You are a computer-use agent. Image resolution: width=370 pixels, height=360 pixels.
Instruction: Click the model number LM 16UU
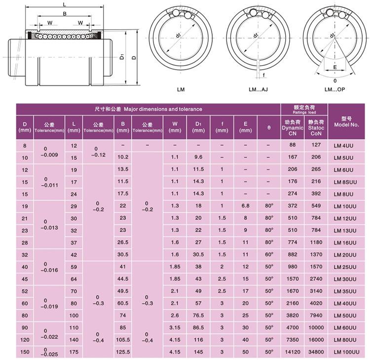345,243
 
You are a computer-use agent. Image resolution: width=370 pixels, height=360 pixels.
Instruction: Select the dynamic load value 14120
293,352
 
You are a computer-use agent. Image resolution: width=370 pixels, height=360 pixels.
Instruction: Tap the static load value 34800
316,352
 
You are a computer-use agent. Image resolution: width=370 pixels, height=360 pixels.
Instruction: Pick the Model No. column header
346,122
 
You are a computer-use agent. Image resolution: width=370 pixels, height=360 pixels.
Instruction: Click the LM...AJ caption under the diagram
258,89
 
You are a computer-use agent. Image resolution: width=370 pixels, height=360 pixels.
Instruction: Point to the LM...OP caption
334,89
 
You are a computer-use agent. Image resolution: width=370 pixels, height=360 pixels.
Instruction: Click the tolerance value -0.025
49,354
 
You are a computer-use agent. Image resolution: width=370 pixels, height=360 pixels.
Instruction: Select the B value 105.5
123,340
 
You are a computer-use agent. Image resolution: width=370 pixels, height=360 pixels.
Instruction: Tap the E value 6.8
245,206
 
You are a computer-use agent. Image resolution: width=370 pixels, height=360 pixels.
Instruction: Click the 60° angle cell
269,254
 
